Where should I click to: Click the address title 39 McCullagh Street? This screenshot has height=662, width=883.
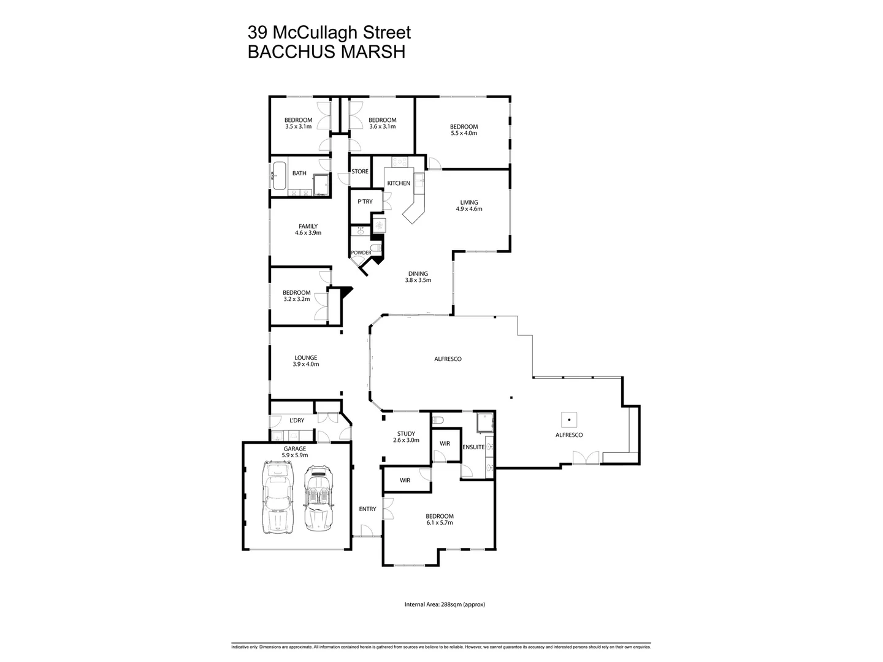(x=329, y=32)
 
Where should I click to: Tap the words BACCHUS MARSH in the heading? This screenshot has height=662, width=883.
(x=326, y=52)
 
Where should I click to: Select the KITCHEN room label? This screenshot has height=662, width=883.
(x=398, y=183)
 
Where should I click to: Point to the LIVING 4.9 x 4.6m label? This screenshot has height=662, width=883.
(x=469, y=205)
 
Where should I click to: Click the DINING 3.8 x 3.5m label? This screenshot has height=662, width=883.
(x=418, y=277)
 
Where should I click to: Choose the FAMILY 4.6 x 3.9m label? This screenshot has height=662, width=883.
(x=308, y=229)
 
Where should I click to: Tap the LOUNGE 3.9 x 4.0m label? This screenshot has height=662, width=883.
(x=306, y=361)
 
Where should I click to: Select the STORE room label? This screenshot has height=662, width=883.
(x=360, y=172)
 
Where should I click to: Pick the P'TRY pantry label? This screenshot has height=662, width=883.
(x=365, y=202)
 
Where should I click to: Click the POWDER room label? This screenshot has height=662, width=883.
(x=361, y=253)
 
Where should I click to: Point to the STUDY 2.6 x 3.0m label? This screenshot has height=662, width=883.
(x=406, y=437)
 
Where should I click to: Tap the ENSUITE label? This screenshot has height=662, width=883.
(x=473, y=447)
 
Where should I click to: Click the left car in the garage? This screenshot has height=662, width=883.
(x=278, y=498)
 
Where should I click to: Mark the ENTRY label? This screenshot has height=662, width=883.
(x=367, y=509)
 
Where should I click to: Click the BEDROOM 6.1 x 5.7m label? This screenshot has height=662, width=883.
(x=440, y=519)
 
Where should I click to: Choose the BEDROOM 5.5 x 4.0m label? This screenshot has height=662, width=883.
(x=464, y=130)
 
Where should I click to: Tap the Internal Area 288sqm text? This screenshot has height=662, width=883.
(x=445, y=604)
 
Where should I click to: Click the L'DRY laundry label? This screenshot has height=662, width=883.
(x=297, y=420)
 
